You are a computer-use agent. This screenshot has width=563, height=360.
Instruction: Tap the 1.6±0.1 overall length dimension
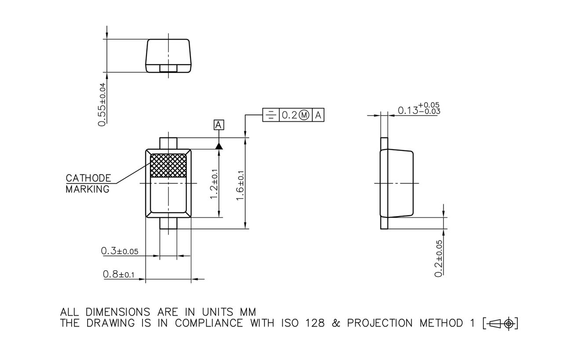(241, 185)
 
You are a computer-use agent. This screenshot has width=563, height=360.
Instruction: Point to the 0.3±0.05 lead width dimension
(120, 251)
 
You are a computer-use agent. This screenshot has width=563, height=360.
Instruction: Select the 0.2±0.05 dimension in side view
(439, 258)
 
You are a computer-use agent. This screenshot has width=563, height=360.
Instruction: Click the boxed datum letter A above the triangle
(219, 125)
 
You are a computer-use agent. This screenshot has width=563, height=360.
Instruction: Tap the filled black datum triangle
(219, 146)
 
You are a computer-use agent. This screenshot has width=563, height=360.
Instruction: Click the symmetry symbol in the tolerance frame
(271, 115)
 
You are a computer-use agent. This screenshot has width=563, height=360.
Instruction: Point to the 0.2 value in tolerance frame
(289, 115)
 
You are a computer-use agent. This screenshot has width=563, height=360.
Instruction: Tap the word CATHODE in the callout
(88, 178)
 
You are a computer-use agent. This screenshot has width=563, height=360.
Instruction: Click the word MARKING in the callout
(87, 190)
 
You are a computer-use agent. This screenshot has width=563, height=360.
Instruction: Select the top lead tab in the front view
(168, 143)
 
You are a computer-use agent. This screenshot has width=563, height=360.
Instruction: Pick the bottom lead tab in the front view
(168, 224)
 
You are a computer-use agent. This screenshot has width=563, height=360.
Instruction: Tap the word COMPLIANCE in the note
(209, 323)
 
